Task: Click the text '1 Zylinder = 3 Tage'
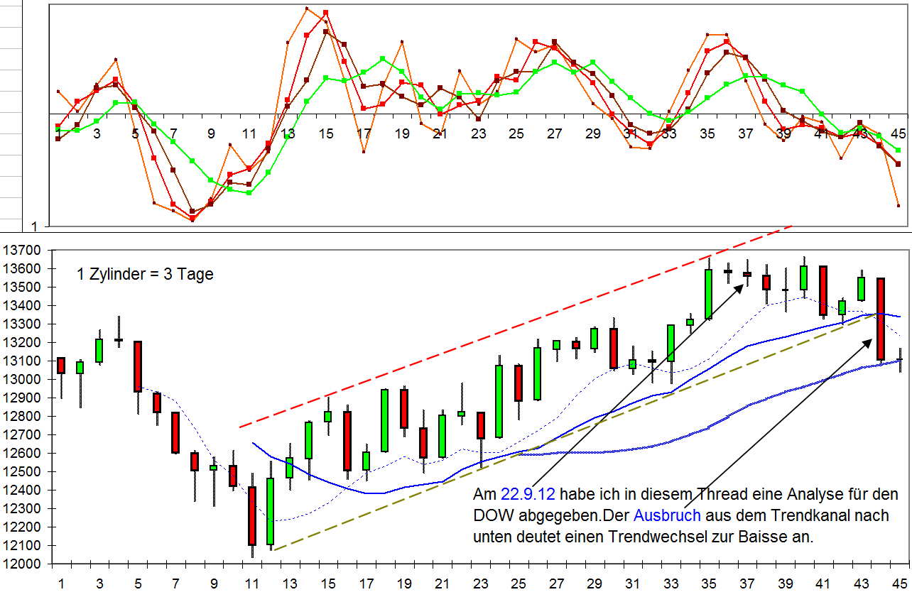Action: tap(145, 275)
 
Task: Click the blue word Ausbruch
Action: tap(667, 515)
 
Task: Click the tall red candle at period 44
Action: tap(880, 319)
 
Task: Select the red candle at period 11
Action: tap(252, 515)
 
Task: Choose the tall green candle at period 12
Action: tap(271, 511)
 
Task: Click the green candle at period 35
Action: tap(708, 294)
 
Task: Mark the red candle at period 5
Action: tap(137, 366)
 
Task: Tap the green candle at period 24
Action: tap(499, 401)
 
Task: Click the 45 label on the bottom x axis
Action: tap(899, 584)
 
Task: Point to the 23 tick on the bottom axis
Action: tap(481, 584)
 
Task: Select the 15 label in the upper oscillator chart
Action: tap(326, 133)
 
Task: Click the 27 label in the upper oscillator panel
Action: tap(554, 133)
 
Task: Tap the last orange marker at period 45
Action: tap(899, 206)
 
